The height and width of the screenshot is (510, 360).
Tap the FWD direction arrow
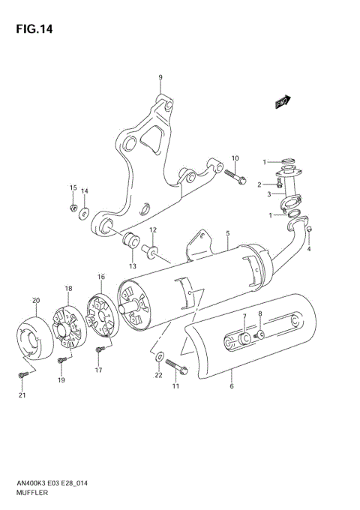tap(282, 102)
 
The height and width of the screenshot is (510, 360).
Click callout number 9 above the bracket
tap(160, 78)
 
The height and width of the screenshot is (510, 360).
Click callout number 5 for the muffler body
tap(227, 235)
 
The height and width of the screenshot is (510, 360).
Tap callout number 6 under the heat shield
tap(232, 386)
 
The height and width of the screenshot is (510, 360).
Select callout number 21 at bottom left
tap(22, 395)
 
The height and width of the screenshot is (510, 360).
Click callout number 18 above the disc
tap(68, 289)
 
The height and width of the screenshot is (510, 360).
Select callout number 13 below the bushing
tap(132, 265)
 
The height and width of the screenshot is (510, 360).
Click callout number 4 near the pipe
tap(308, 249)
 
